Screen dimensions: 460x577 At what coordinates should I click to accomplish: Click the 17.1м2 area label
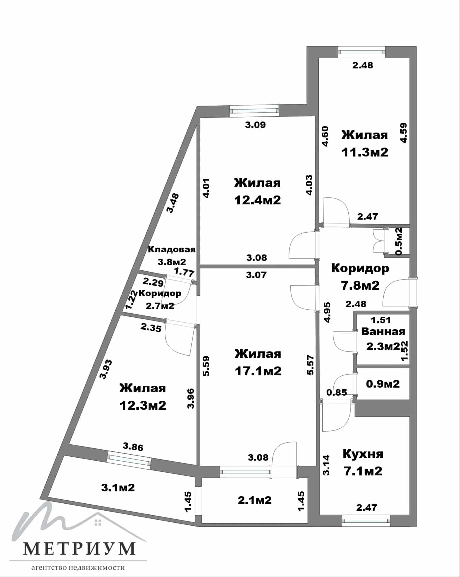(258, 371)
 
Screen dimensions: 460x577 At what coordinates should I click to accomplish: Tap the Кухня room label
(363, 454)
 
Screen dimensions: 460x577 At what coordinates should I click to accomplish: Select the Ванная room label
(383, 331)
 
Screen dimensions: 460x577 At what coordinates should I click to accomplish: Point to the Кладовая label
(172, 249)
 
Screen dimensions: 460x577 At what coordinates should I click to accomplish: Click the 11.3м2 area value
(365, 152)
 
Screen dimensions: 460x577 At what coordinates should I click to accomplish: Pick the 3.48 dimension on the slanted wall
(173, 203)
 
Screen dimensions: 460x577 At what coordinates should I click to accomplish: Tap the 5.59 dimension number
(206, 366)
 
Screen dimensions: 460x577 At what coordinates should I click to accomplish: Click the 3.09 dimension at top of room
(255, 125)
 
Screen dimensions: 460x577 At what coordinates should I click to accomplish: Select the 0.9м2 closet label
(383, 384)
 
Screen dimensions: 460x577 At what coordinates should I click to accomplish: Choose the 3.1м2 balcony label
(118, 487)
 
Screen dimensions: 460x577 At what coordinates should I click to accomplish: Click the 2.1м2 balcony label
(255, 500)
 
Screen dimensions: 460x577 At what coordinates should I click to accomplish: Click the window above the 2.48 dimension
(362, 52)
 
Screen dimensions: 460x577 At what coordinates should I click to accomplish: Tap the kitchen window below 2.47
(366, 520)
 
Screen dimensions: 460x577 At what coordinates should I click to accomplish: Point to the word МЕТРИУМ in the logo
(79, 549)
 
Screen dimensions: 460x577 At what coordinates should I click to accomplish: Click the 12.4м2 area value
(258, 200)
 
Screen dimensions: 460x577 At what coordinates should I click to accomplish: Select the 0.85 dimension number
(337, 392)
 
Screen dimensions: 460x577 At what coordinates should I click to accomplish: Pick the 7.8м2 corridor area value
(360, 285)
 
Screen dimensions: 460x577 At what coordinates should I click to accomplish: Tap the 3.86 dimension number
(133, 447)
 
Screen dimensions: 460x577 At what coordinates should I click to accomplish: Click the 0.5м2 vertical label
(399, 241)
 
